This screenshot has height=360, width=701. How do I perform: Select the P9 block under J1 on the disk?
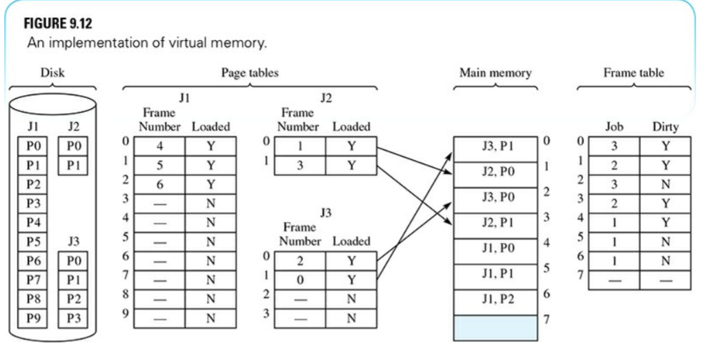click(x=32, y=319)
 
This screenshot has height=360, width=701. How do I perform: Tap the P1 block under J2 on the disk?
click(x=72, y=166)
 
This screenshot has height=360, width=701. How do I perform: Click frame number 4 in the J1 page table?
click(x=159, y=146)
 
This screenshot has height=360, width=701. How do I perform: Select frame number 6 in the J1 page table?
click(x=159, y=185)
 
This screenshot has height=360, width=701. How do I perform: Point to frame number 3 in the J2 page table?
click(x=300, y=166)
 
